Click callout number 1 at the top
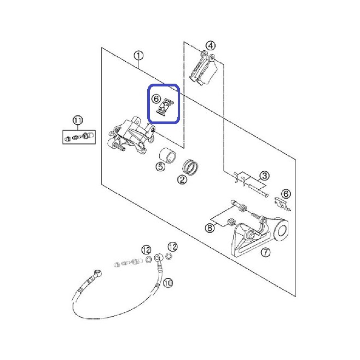click(138, 56)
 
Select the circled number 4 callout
click(211, 45)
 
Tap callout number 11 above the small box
click(78, 120)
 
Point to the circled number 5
click(160, 166)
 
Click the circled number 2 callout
click(182, 179)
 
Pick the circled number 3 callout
click(264, 176)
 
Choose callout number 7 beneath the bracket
click(265, 252)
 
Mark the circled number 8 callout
click(210, 228)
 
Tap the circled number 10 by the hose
click(168, 283)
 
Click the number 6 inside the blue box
click(156, 98)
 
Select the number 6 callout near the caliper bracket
click(286, 194)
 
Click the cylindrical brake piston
click(167, 155)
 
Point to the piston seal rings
click(190, 167)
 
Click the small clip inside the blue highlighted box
click(165, 106)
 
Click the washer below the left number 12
click(149, 260)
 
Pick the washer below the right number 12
click(169, 256)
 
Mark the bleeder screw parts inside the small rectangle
click(79, 137)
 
